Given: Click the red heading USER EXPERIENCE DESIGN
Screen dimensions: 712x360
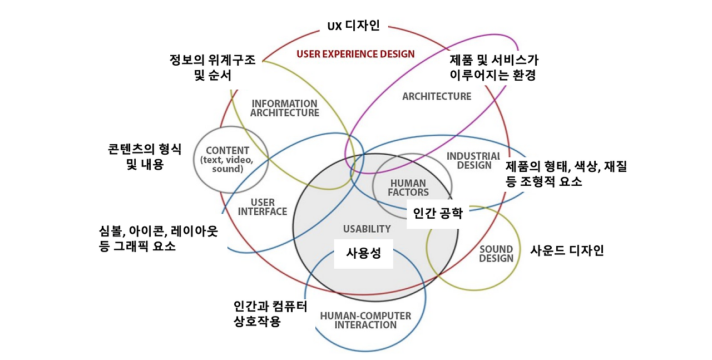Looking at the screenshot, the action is click(x=355, y=54).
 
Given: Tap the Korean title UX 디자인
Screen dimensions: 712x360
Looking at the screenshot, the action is click(x=353, y=26).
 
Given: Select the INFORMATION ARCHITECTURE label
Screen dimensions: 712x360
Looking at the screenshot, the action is click(x=284, y=108).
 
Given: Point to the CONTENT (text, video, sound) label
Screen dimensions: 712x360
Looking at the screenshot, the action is click(x=228, y=159).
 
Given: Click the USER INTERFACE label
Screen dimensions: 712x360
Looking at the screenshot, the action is click(x=263, y=207).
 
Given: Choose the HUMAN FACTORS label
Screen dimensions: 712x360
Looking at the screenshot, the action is click(x=408, y=188).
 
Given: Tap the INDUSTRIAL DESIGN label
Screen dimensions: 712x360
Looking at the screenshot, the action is click(x=473, y=160).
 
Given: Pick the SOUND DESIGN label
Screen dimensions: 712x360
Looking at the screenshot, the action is click(x=496, y=254).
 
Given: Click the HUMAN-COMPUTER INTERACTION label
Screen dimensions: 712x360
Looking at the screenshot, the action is click(x=365, y=320).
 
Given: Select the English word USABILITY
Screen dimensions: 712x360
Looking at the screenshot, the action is click(x=367, y=229).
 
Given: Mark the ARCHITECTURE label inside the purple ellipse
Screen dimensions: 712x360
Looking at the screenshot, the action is click(x=437, y=96).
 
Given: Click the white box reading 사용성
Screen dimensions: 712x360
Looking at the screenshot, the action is click(x=363, y=253).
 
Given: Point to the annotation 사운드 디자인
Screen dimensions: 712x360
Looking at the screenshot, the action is click(x=567, y=250).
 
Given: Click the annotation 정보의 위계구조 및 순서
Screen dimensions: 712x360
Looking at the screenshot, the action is click(x=212, y=67).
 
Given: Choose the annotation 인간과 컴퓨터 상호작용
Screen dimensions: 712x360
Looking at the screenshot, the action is click(x=270, y=314).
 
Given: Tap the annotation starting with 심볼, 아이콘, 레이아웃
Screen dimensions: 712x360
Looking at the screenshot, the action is click(x=157, y=238).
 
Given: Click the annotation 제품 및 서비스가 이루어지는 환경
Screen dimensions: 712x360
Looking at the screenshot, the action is click(x=493, y=67).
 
